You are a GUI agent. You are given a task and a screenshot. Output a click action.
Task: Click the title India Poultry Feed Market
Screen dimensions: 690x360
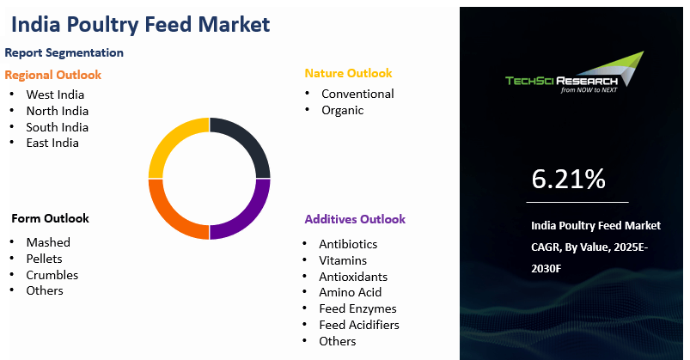tap(140, 25)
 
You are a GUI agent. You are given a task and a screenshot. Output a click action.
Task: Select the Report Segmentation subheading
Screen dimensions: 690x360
tap(64, 52)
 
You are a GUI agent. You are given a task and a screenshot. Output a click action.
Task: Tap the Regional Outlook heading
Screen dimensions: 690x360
tap(52, 75)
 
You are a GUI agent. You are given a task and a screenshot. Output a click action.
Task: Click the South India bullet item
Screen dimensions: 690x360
tap(58, 127)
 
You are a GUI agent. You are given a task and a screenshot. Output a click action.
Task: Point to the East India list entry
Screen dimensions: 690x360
tap(52, 143)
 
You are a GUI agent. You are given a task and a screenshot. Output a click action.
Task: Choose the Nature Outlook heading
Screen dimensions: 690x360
tap(348, 73)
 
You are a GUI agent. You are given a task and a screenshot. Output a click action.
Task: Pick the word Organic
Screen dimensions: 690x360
tap(342, 110)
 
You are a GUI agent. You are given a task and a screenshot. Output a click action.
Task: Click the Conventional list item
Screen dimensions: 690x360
tap(357, 94)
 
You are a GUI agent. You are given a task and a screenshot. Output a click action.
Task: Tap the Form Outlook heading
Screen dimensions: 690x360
tap(50, 218)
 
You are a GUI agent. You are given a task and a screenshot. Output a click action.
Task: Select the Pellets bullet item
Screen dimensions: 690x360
tap(44, 259)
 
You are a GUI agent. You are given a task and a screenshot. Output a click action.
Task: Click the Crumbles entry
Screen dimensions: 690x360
tap(52, 275)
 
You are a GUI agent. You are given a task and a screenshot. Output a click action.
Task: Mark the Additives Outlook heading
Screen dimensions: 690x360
tap(355, 219)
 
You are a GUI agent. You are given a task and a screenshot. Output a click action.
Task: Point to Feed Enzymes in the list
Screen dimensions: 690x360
tap(357, 309)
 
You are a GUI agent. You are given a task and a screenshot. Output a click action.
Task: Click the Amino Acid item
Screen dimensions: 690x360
tap(351, 293)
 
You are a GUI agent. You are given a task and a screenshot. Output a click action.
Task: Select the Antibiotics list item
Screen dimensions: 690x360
tap(348, 244)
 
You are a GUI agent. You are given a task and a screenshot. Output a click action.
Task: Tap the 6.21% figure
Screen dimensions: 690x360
tap(568, 179)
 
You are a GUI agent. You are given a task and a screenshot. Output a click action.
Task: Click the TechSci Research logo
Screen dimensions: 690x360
tap(575, 73)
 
